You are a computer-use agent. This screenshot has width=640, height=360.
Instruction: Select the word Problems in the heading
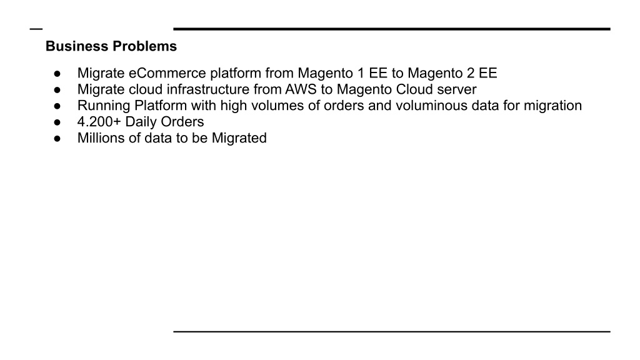144,46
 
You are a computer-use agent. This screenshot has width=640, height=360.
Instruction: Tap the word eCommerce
167,73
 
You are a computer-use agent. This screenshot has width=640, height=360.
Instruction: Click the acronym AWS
301,89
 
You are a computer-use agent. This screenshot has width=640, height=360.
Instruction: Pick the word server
457,89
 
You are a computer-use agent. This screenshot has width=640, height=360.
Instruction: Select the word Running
104,106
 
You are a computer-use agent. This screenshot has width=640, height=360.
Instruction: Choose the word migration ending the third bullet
552,106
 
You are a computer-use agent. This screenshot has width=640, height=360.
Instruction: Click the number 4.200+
99,122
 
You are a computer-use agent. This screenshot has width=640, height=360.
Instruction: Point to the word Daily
141,122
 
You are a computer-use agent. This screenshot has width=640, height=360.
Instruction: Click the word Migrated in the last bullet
239,138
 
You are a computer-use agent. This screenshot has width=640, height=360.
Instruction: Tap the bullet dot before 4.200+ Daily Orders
57,122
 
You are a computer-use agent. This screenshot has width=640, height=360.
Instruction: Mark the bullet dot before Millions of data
57,139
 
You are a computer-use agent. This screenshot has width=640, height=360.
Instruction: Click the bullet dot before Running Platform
57,106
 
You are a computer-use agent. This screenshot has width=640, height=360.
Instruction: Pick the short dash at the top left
36,29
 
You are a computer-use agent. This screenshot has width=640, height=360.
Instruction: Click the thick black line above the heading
392,29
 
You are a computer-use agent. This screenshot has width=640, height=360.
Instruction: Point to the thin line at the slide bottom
392,332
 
